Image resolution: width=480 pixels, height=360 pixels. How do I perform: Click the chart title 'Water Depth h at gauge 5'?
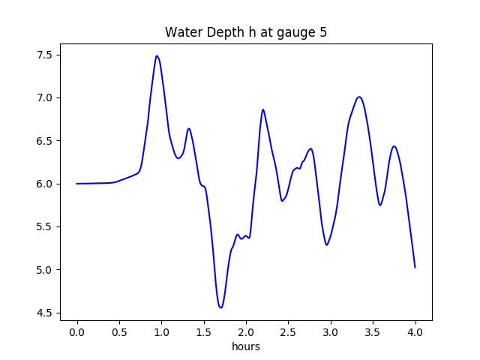tap(246, 33)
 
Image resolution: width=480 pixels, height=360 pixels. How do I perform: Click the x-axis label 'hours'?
tap(246, 347)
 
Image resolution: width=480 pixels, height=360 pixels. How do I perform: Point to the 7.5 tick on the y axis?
tap(44, 55)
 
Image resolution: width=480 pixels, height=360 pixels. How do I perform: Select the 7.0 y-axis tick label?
tap(44, 97)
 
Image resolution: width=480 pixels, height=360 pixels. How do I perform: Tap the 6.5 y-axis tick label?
tap(44, 141)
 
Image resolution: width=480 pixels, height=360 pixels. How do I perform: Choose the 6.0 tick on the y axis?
tap(44, 184)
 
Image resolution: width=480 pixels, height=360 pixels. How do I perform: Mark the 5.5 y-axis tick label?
tap(44, 226)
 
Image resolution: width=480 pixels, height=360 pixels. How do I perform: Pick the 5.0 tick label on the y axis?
tap(44, 270)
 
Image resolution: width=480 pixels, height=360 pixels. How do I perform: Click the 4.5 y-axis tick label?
tap(44, 313)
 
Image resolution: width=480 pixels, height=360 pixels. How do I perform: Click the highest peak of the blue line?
tap(157, 55)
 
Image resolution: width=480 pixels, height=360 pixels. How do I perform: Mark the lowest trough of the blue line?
tap(220, 307)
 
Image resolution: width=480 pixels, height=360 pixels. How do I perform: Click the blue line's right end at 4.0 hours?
tap(415, 268)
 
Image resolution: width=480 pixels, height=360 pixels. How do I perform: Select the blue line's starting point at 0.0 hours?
tap(77, 184)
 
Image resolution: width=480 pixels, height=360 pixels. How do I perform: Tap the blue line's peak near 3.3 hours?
tap(360, 97)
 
